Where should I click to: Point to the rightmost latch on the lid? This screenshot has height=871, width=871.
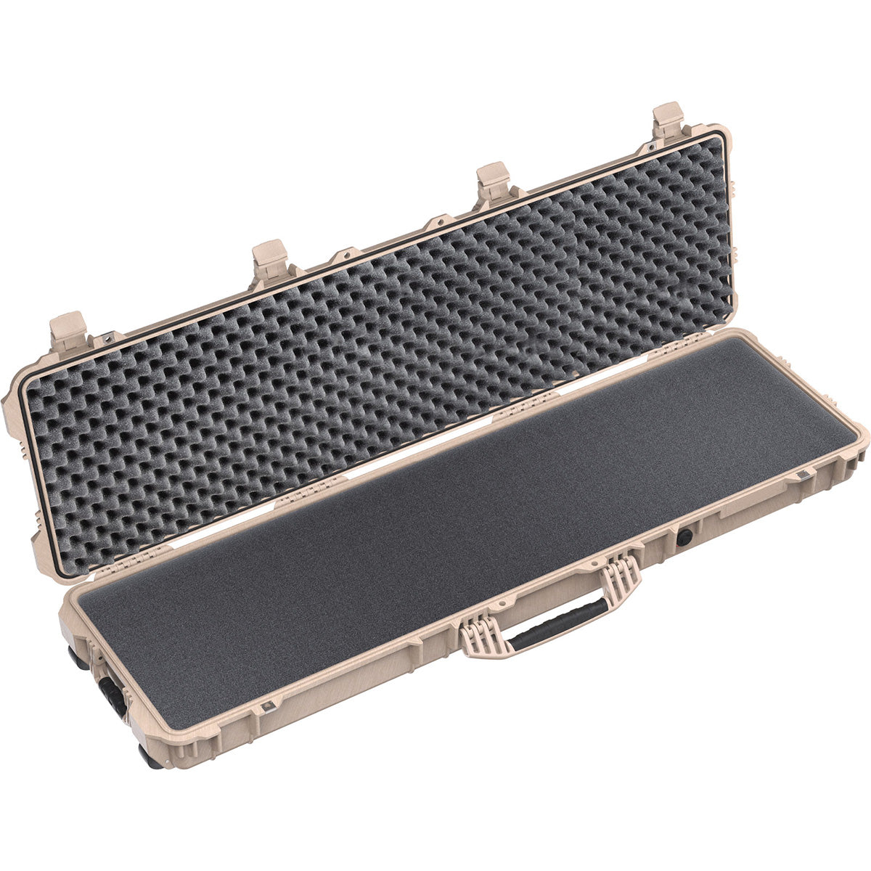(x=668, y=119)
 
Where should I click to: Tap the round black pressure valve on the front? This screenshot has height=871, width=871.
(x=684, y=536)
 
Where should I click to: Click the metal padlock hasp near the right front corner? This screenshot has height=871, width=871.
(x=802, y=475)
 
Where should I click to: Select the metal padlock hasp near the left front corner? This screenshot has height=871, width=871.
(x=268, y=706)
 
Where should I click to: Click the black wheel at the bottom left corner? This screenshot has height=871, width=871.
(x=151, y=758)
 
